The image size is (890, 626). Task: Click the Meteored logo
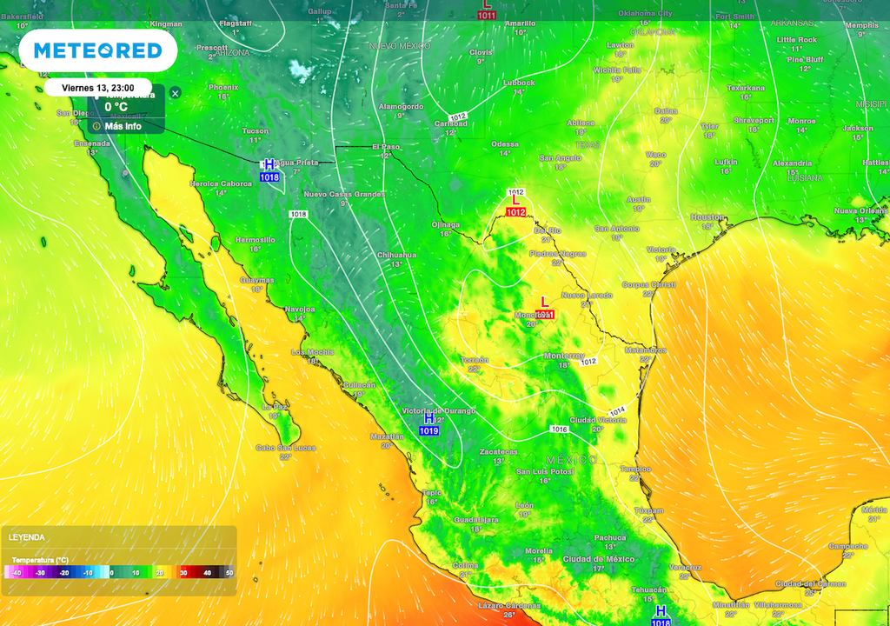pyautogui.click(x=97, y=51)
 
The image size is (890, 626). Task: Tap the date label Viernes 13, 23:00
pyautogui.click(x=97, y=89)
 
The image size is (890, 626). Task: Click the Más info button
pyautogui.click(x=123, y=126)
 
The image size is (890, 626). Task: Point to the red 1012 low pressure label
pyautogui.click(x=515, y=212)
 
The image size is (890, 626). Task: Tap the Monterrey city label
pyautogui.click(x=563, y=356)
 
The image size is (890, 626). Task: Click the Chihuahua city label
pyautogui.click(x=395, y=255)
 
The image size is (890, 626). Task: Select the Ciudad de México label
pyautogui.click(x=597, y=558)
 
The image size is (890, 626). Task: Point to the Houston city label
pyautogui.click(x=707, y=216)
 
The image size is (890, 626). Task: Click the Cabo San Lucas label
pyautogui.click(x=286, y=447)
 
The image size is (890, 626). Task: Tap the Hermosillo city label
pyautogui.click(x=255, y=239)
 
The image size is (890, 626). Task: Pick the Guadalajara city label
pyautogui.click(x=475, y=519)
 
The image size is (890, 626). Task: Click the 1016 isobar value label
pyautogui.click(x=559, y=430)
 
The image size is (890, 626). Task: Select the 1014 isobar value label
pyautogui.click(x=617, y=410)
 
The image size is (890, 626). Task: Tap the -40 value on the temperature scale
pyautogui.click(x=17, y=573)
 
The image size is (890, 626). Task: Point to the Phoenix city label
pyautogui.click(x=223, y=87)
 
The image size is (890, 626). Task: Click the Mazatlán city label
pyautogui.click(x=387, y=436)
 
